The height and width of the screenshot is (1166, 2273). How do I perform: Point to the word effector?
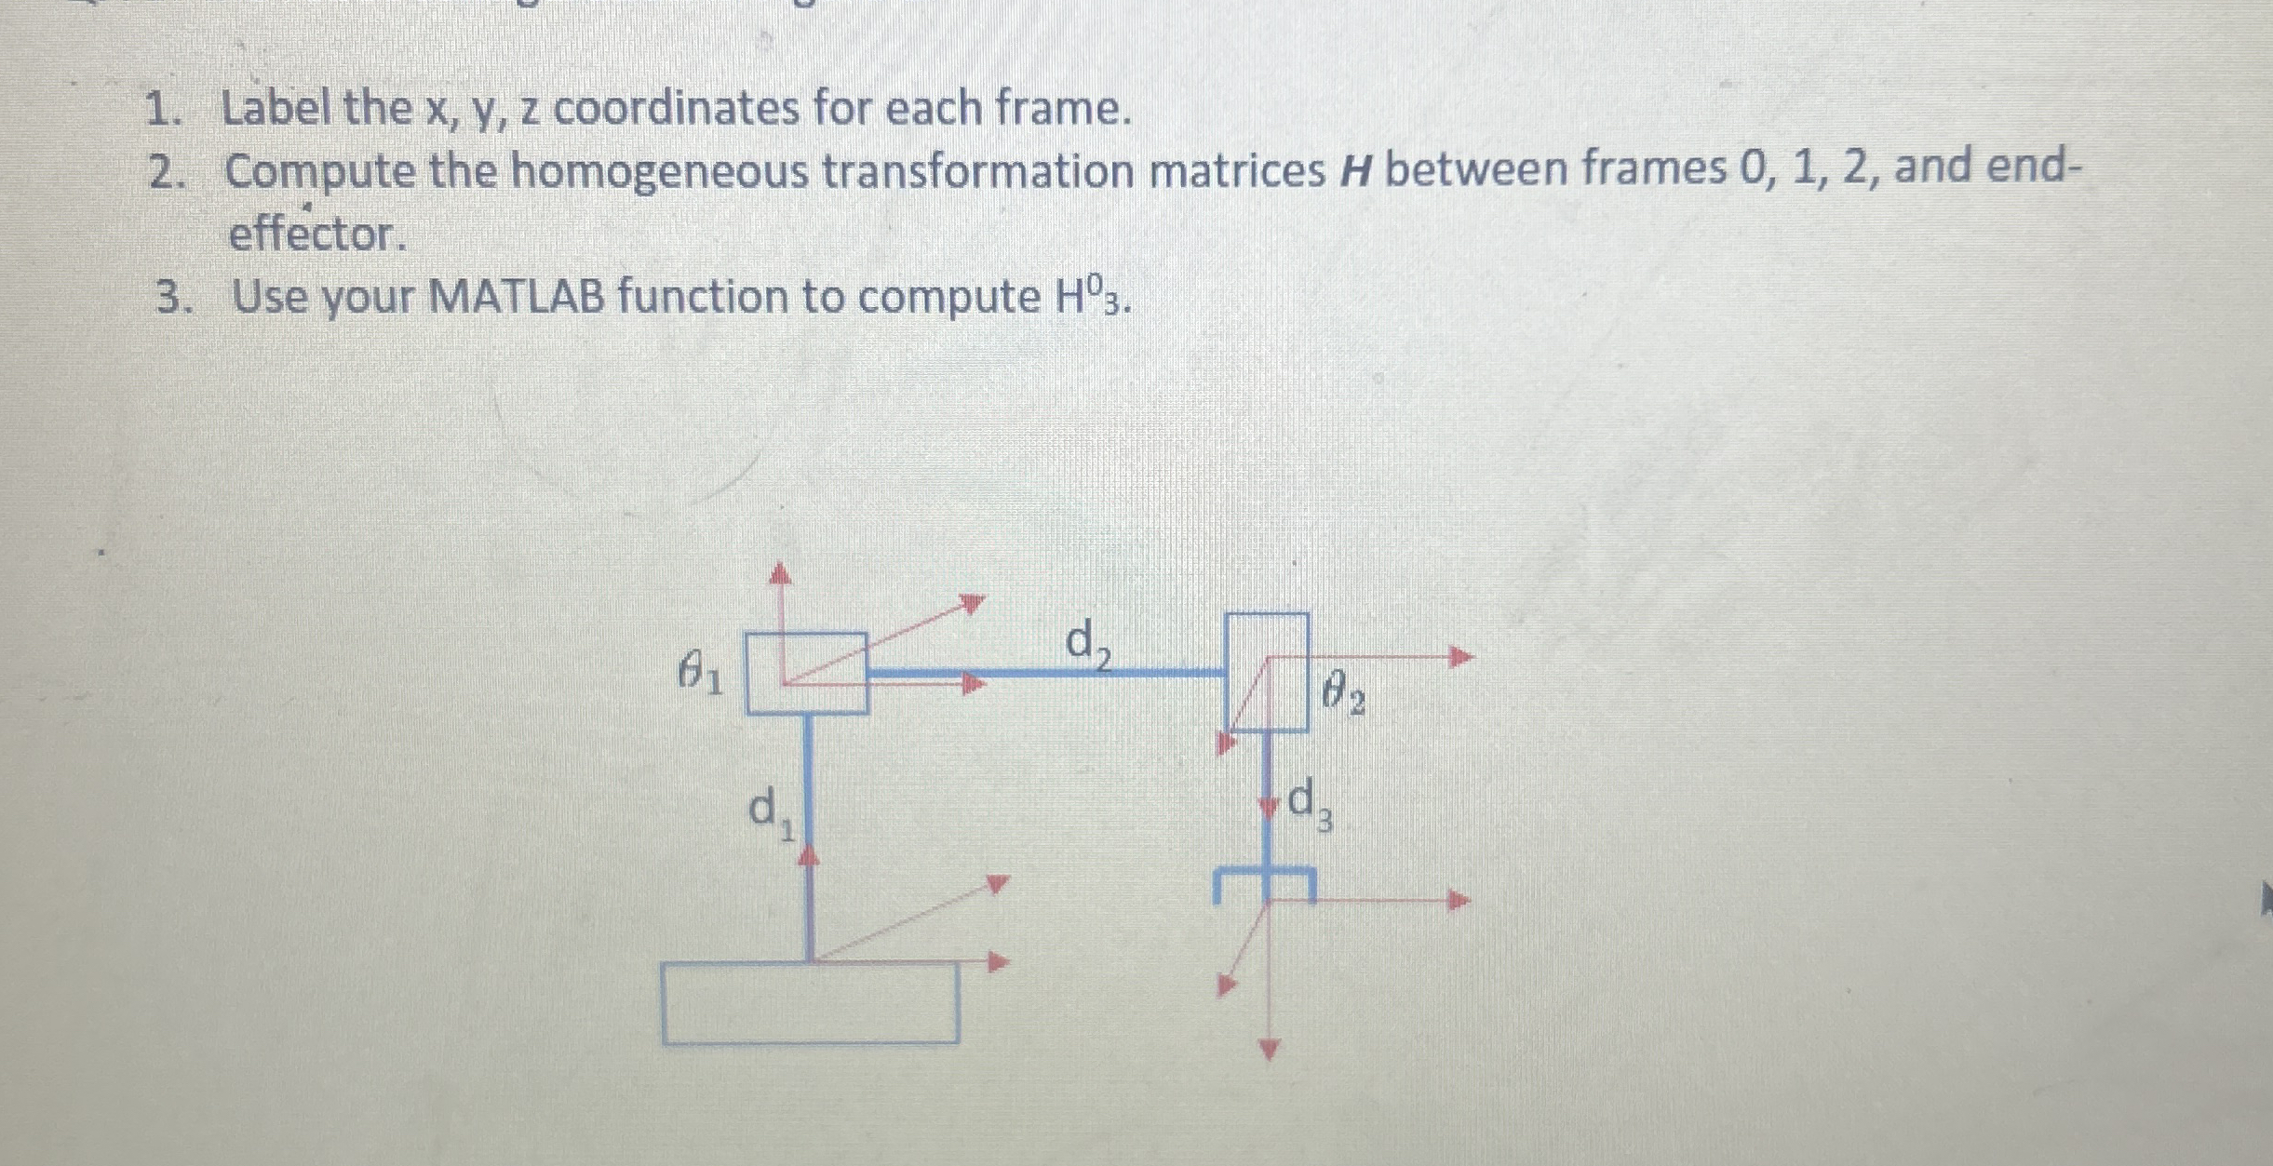[x=317, y=235]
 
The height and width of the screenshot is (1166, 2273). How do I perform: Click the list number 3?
[x=168, y=300]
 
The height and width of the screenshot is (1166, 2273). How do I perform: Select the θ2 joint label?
[x=1343, y=695]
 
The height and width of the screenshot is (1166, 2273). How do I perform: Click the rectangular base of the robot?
[x=810, y=1003]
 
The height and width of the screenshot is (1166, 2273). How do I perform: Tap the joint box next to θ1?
[x=807, y=673]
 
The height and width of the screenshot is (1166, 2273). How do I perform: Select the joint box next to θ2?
[x=1267, y=672]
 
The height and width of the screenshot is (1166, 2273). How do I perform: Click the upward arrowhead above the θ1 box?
[x=781, y=571]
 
